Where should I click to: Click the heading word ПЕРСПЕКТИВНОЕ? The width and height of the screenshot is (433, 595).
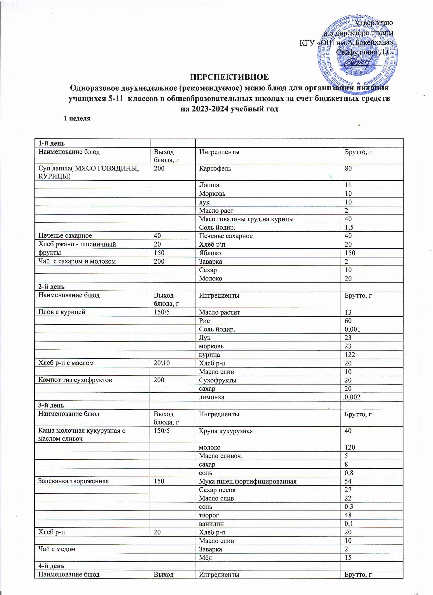[x=229, y=77]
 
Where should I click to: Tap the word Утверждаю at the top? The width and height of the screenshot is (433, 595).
[x=374, y=23]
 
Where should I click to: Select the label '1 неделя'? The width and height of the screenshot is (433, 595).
[x=77, y=118]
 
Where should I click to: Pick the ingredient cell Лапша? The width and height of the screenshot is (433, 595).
[x=209, y=185]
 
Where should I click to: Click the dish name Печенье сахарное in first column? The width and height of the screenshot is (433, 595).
[x=65, y=236]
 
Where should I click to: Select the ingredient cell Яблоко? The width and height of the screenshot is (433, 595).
[x=210, y=253]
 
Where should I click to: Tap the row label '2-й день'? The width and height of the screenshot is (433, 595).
[x=51, y=287]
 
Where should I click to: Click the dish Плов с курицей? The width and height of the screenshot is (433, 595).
[x=62, y=312]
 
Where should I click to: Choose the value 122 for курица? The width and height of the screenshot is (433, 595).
[x=350, y=355]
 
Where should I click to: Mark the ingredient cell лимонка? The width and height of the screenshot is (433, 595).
[x=212, y=397]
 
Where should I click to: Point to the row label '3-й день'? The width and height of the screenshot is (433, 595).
[x=51, y=405]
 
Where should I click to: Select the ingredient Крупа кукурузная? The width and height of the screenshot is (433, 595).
[x=226, y=431]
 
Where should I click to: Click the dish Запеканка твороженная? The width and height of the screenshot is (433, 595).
[x=74, y=481]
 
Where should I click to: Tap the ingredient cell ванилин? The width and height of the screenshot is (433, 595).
[x=211, y=524]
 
